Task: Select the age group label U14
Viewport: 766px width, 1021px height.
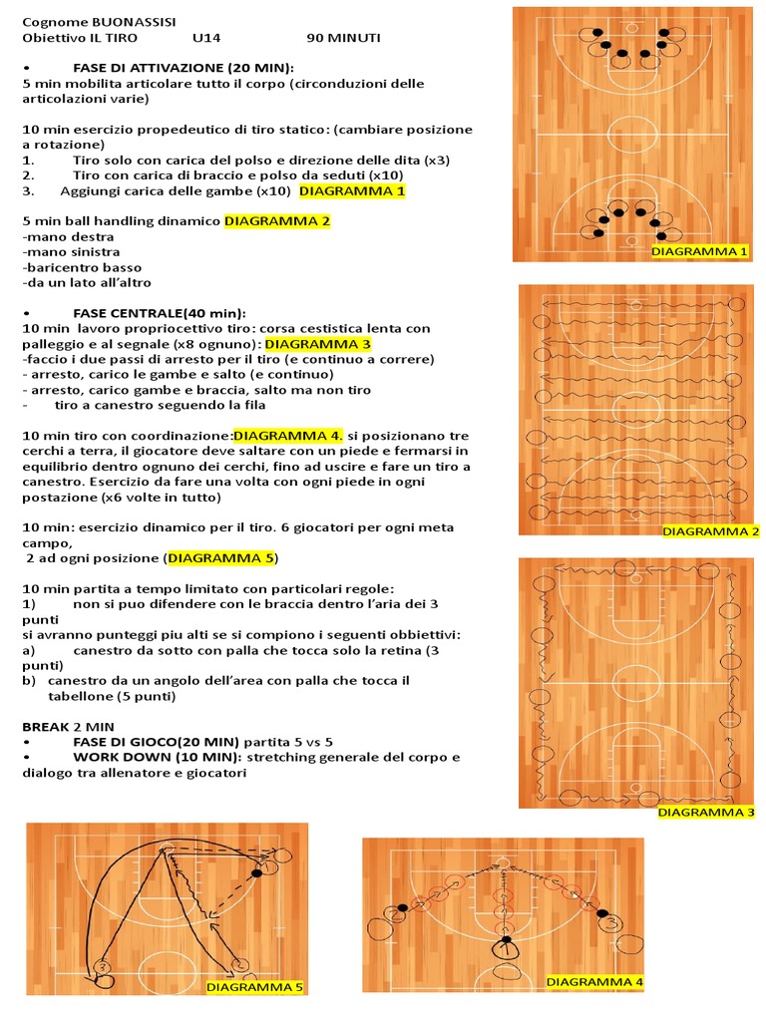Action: [x=206, y=38]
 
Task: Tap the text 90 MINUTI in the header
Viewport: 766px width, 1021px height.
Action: [x=343, y=38]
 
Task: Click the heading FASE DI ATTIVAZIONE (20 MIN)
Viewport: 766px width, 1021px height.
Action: [x=184, y=67]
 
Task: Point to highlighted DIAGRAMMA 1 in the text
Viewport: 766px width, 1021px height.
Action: [x=352, y=190]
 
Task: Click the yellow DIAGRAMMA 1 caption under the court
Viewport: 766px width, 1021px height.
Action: [x=699, y=252]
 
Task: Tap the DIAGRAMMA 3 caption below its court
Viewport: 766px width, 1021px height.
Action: [x=706, y=813]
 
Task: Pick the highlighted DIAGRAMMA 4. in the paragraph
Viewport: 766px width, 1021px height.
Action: [x=289, y=436]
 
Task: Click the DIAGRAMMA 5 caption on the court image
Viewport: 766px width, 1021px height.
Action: [x=254, y=987]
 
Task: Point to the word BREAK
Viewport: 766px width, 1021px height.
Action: [x=46, y=727]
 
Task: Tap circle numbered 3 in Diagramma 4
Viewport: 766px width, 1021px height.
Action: [x=611, y=922]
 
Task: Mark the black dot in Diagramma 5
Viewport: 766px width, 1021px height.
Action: [x=256, y=872]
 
